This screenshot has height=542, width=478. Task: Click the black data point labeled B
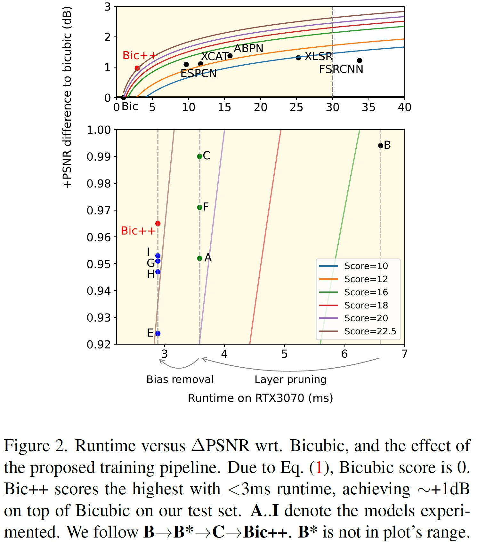[x=380, y=146]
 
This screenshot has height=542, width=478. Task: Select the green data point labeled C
[x=200, y=156]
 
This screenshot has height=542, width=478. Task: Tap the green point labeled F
[x=200, y=207]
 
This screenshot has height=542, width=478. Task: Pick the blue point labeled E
[x=158, y=333]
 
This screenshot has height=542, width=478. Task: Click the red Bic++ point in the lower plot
[x=158, y=223]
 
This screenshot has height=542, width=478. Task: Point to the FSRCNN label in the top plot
[x=341, y=69]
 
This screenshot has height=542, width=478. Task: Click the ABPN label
[x=248, y=48]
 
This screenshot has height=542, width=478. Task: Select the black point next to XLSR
[x=298, y=58]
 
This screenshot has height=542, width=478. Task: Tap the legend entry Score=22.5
[x=370, y=331]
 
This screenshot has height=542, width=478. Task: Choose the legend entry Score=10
[x=366, y=266]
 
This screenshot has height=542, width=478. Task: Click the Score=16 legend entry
[x=366, y=292]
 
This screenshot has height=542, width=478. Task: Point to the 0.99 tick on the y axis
[x=99, y=157]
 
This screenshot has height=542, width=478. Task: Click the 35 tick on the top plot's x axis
[x=368, y=107]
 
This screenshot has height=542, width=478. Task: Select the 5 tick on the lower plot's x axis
[x=284, y=354]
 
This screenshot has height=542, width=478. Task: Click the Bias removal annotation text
[x=180, y=379]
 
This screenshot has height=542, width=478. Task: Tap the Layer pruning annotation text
[x=290, y=379]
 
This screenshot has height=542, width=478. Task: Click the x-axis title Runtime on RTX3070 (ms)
[x=260, y=398]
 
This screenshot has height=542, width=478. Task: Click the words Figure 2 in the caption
[x=35, y=446]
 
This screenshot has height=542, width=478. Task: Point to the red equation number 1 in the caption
[x=319, y=467]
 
